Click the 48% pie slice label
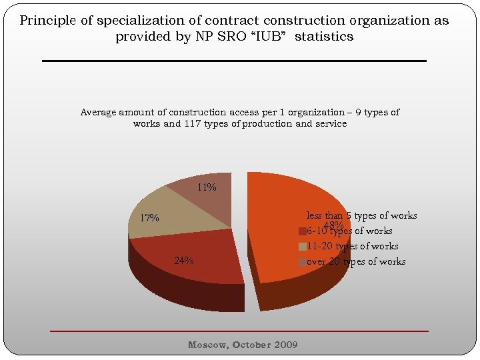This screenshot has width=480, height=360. click(334, 225)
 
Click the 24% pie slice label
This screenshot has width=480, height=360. click(184, 261)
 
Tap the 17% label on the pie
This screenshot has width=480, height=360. click(149, 218)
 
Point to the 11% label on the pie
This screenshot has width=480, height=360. click(207, 187)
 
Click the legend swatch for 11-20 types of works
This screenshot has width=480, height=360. click(303, 247)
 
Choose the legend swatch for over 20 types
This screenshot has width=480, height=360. click(303, 262)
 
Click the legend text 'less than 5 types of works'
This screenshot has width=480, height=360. click(361, 215)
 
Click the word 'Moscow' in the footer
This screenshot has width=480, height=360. click(208, 345)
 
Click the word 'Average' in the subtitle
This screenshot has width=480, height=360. click(98, 112)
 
